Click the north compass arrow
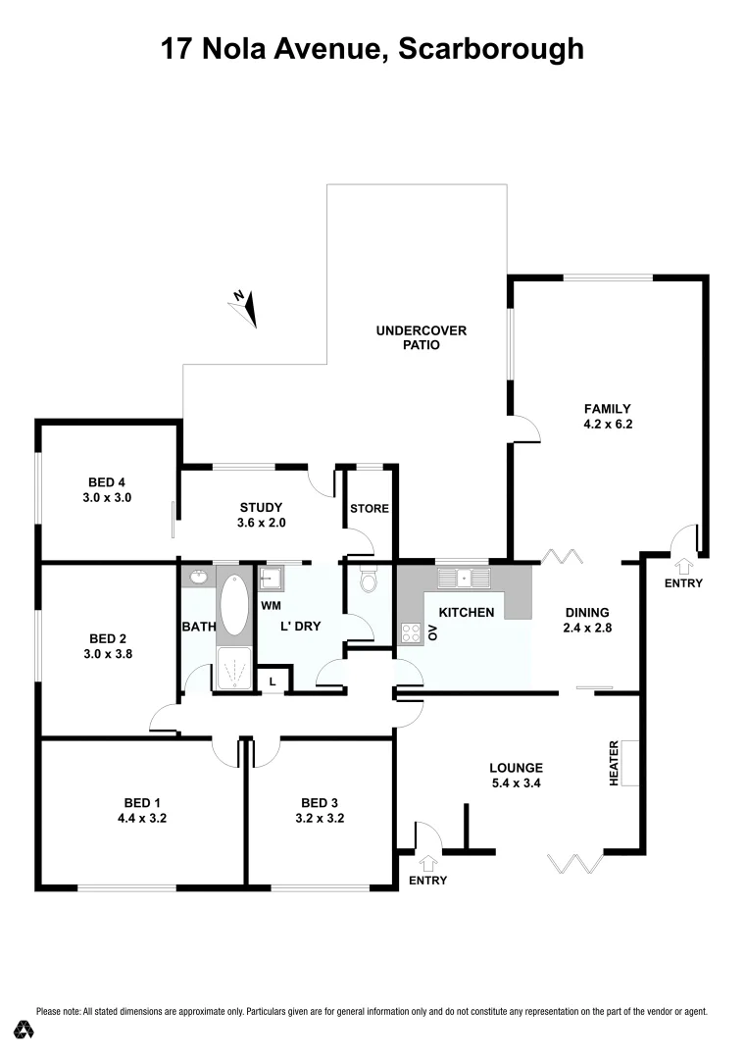pos(245,308)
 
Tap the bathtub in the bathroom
pos(233,606)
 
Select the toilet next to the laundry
pos(369,580)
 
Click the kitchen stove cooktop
pos(411,632)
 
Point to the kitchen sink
pos(466,577)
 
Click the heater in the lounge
pos(629,762)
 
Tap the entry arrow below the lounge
pos(427,864)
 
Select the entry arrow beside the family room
pos(683,566)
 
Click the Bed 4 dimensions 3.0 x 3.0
pos(110,497)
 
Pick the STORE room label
pos(370,509)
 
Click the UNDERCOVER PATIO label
pos(421,337)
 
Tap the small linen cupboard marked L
pos(272,680)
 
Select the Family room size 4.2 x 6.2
pos(607,425)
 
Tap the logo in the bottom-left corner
pos(25,1029)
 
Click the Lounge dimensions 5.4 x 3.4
pos(517,783)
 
